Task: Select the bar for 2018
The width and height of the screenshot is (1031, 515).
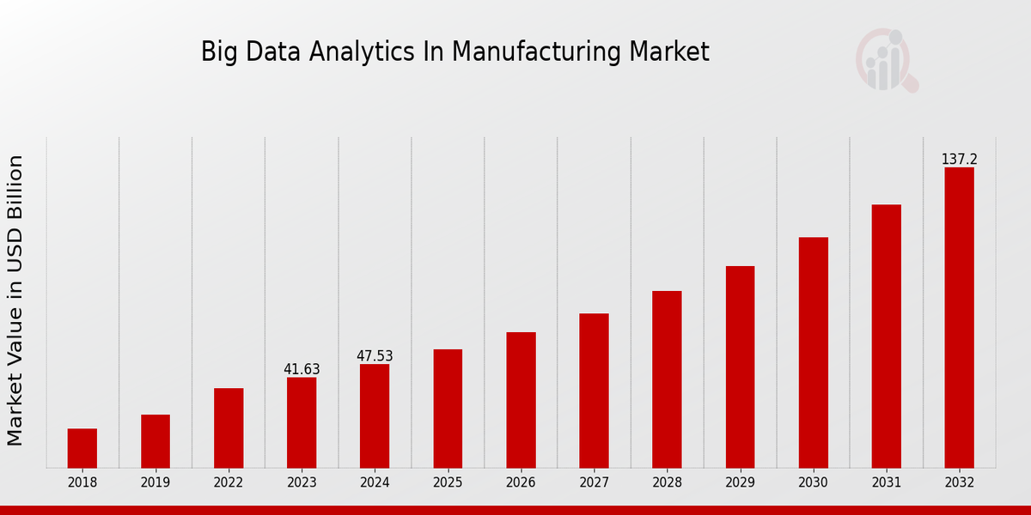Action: [x=82, y=448]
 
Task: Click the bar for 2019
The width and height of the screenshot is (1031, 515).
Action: [x=156, y=441]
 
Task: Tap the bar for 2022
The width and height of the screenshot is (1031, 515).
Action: [x=229, y=427]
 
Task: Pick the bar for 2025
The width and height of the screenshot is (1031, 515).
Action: [x=448, y=409]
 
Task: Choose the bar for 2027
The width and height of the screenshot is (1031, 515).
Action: [x=594, y=391]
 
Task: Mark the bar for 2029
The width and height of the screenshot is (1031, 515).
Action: [x=740, y=367]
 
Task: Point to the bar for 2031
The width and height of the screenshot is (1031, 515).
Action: [x=886, y=336]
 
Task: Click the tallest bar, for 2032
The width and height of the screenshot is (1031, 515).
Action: [x=959, y=318]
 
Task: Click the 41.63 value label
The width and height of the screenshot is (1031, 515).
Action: [x=302, y=369]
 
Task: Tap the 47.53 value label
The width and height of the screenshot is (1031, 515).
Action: [x=375, y=356]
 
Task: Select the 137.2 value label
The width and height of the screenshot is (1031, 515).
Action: [x=959, y=160]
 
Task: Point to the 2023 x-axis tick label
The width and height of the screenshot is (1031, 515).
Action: [x=302, y=482]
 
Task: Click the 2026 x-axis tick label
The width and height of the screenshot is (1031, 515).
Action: [x=521, y=482]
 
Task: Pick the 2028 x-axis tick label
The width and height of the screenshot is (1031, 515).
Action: [x=667, y=482]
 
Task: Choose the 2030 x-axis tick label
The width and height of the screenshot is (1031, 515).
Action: [x=813, y=482]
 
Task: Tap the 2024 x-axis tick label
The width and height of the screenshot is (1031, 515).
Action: [x=375, y=482]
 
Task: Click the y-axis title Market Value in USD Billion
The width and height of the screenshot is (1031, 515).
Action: [x=15, y=300]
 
